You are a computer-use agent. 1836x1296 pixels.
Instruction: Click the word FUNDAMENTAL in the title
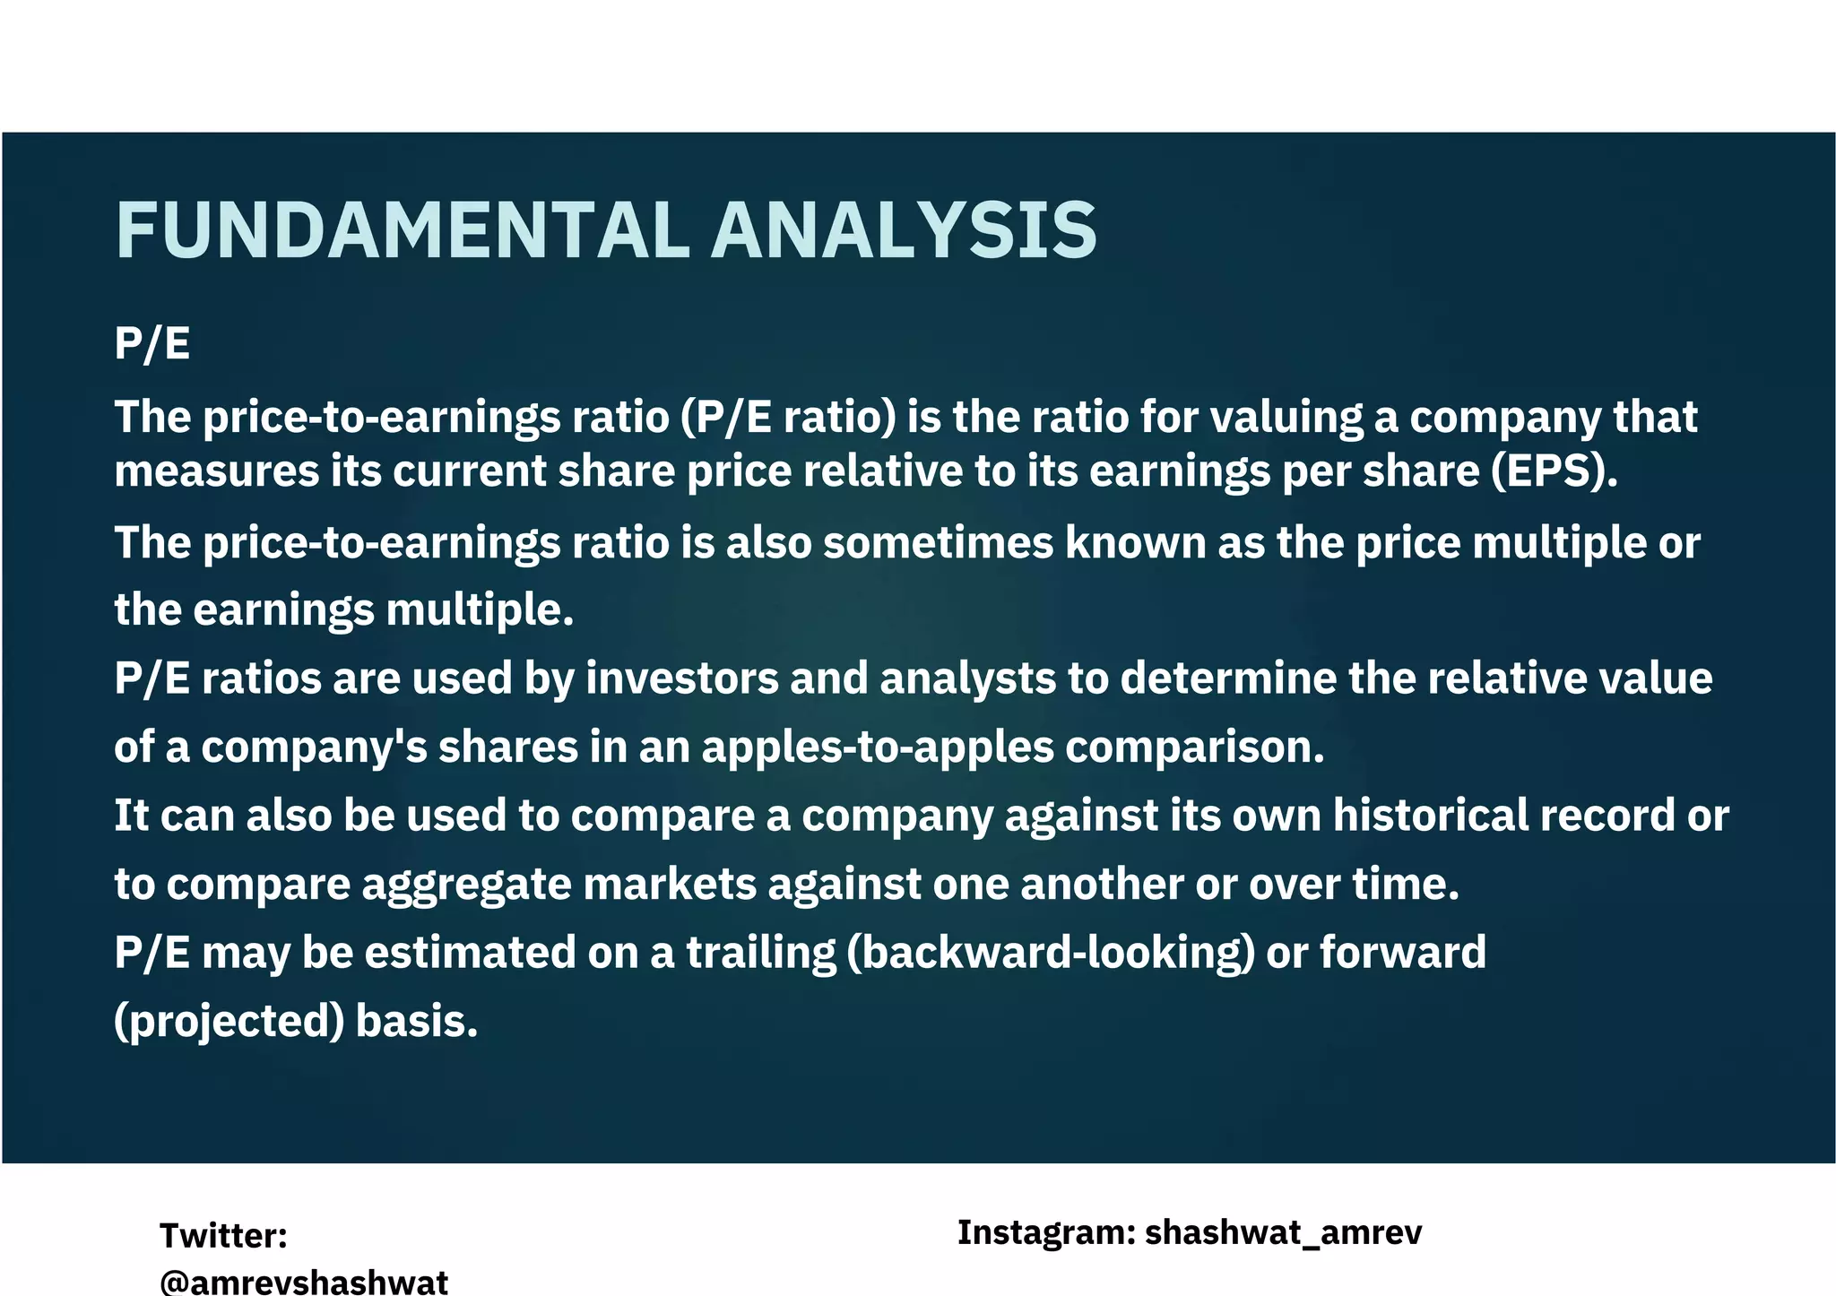403,231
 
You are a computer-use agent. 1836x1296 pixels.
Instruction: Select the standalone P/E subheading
152,344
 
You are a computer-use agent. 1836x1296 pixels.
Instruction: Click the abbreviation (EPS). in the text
1555,471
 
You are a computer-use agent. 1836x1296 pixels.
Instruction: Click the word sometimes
938,543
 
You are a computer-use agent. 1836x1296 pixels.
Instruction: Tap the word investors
682,678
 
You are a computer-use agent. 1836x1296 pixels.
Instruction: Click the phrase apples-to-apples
877,747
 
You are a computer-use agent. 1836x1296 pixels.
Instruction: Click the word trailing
761,953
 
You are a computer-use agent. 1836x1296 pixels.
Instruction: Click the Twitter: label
223,1236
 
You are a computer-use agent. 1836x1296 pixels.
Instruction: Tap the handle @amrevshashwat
304,1281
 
